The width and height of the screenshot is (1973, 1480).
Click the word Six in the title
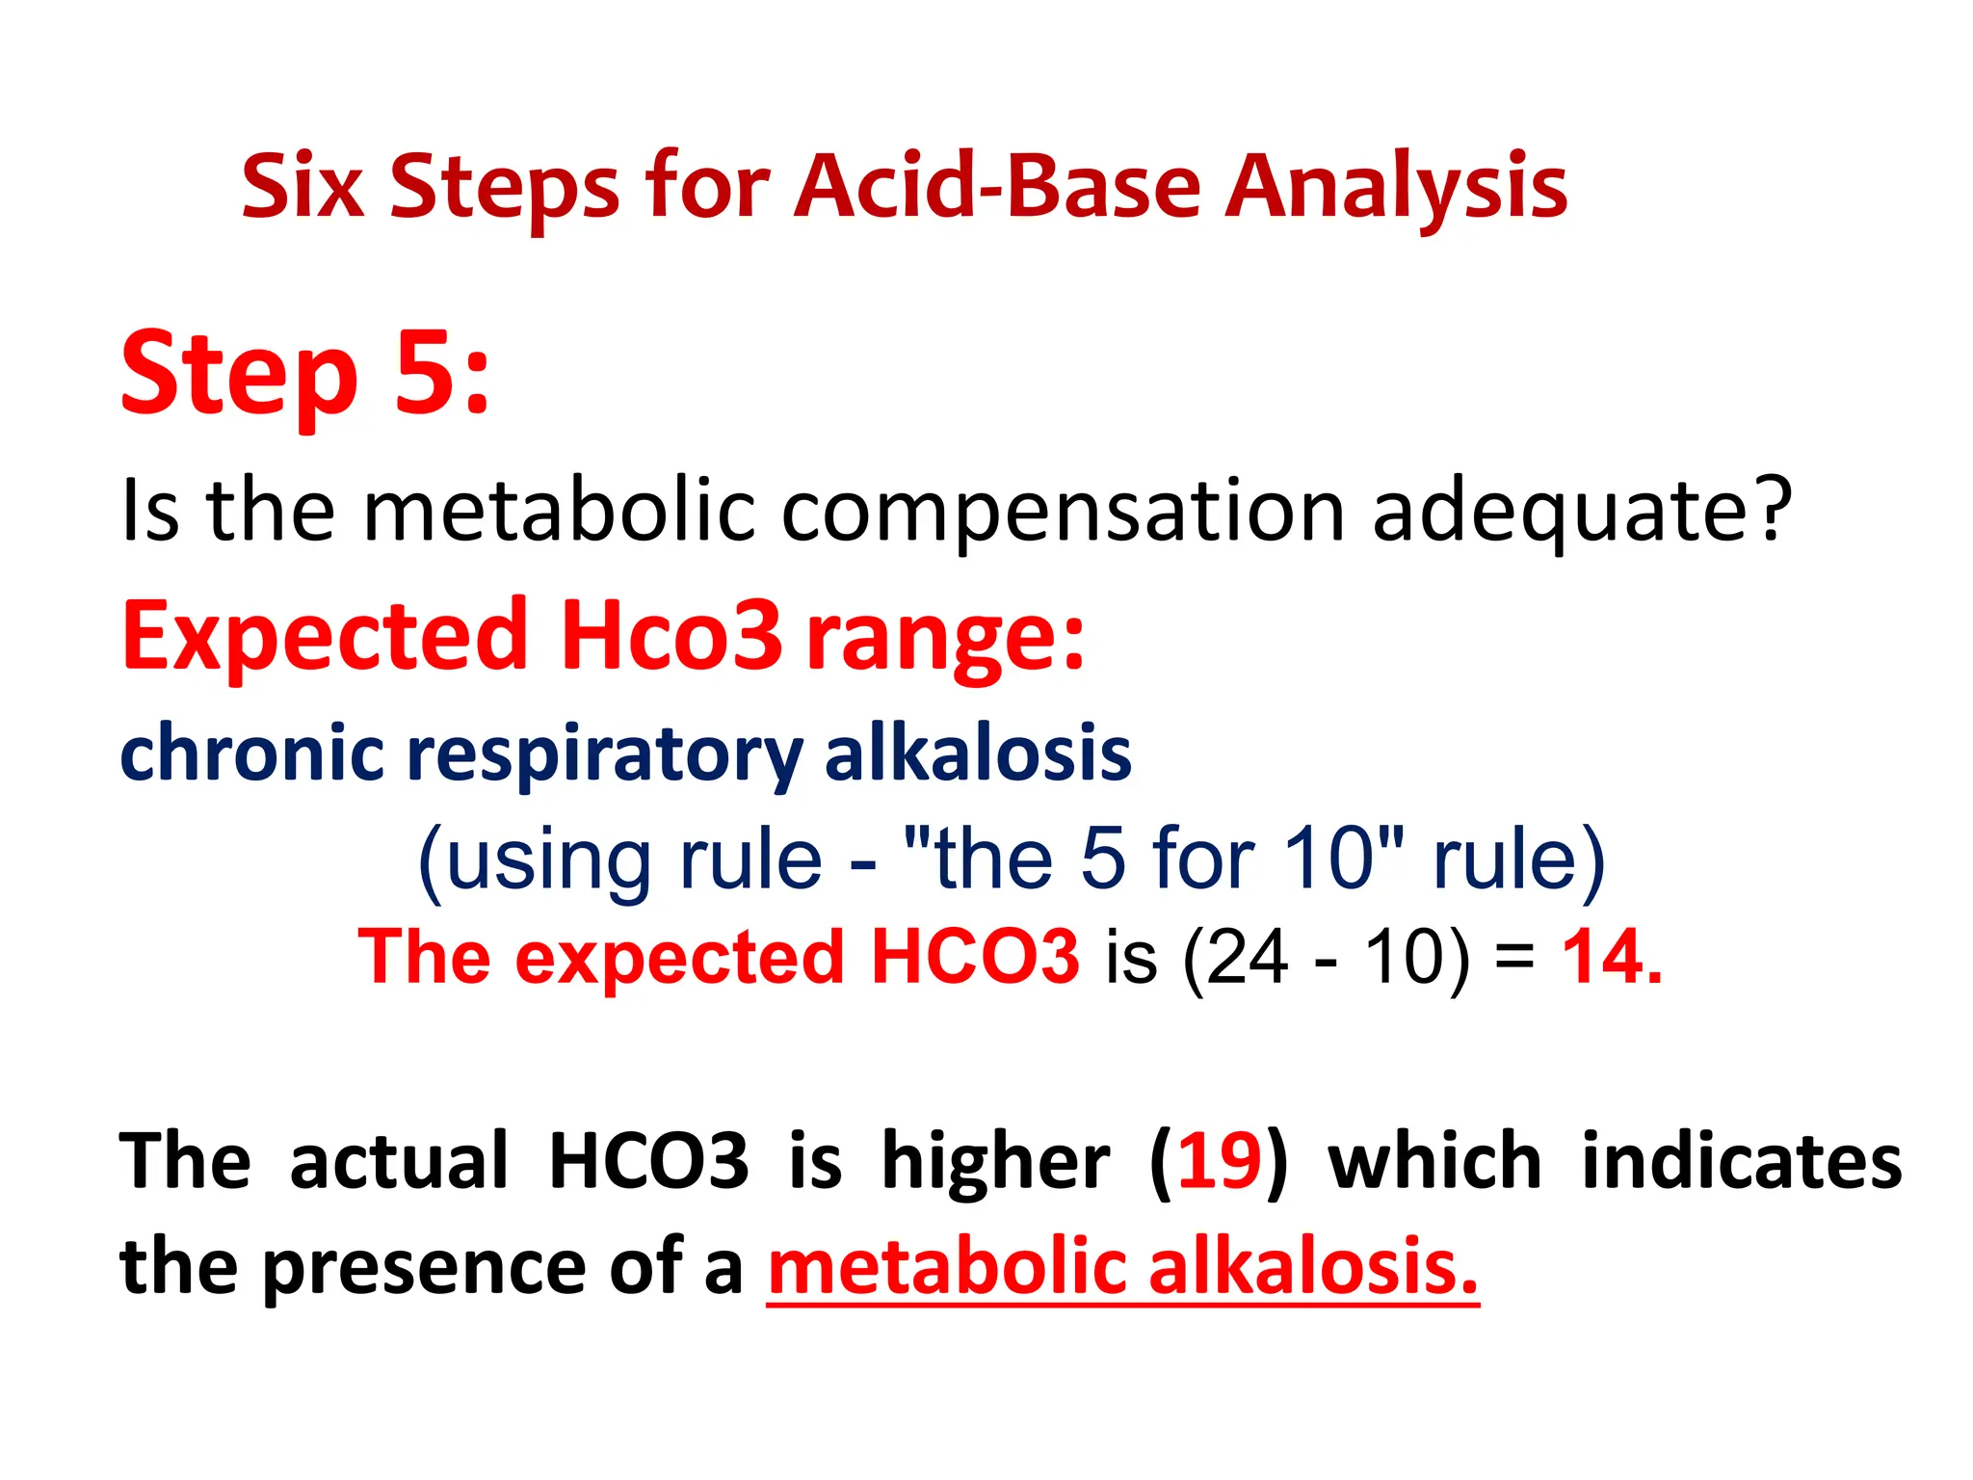click(x=303, y=186)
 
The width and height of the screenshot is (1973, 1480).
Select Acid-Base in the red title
click(x=997, y=186)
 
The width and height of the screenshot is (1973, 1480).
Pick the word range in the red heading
click(x=944, y=637)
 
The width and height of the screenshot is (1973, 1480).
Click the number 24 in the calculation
click(x=1247, y=959)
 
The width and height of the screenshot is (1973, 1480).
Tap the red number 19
click(x=1219, y=1160)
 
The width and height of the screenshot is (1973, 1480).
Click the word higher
click(x=995, y=1160)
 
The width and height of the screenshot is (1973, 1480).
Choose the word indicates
click(x=1742, y=1160)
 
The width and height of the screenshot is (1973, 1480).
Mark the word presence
click(x=424, y=1267)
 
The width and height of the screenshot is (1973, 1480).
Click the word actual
click(x=399, y=1160)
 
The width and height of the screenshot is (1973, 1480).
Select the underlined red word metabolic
click(x=947, y=1267)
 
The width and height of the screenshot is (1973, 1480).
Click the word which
click(x=1434, y=1160)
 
